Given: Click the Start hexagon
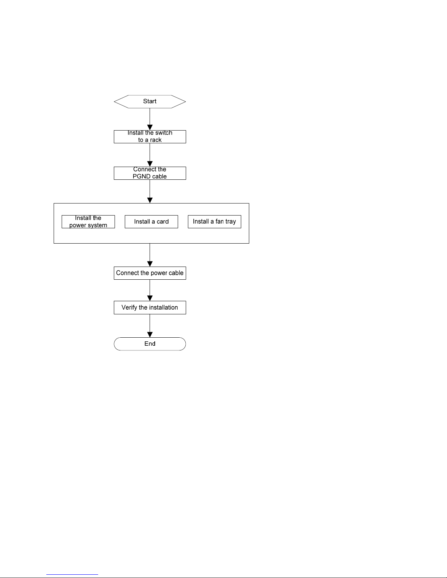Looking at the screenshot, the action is coord(150,102).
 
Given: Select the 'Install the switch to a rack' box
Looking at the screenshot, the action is coord(150,137).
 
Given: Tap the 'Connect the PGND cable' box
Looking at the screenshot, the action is coord(150,173).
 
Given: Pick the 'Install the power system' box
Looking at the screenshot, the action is coord(88,222).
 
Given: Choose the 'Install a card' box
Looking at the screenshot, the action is coord(151,222).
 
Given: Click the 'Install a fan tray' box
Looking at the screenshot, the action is coord(215,222).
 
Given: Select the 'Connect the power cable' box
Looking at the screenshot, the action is coord(150,273).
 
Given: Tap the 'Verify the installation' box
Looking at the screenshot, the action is coord(150,307).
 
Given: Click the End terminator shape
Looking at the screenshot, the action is coord(150,344).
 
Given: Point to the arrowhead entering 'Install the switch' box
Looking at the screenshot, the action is coord(150,127).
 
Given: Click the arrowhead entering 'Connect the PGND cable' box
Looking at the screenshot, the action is coord(150,164).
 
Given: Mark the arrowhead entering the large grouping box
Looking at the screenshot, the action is coord(150,201).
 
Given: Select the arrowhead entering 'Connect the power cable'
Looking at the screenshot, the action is coord(150,264).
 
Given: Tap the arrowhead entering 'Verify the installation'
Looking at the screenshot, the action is coord(150,298).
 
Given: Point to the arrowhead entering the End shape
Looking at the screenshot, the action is coord(150,335).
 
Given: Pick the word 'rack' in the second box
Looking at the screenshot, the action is coord(156,140).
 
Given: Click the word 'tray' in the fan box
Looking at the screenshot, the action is coord(231,222).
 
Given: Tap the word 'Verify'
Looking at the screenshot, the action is coord(129,308).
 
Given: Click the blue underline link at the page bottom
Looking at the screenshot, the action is coord(72,575).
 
